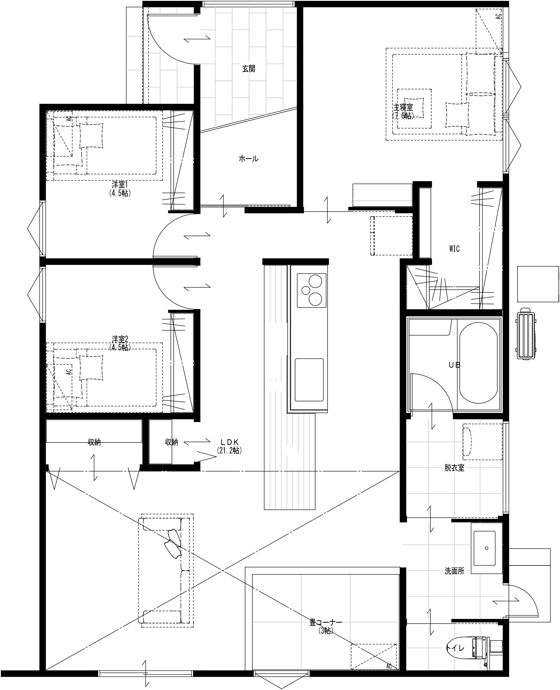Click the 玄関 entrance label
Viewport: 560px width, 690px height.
pos(249,69)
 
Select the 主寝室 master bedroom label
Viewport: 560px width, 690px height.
pos(403,107)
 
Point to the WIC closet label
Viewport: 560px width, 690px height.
pos(454,248)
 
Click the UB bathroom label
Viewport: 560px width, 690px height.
pos(455,365)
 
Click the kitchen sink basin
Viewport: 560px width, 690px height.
pos(309,379)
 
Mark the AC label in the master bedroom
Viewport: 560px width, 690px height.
pos(499,16)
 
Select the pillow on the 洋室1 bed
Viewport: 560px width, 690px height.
pos(91,135)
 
